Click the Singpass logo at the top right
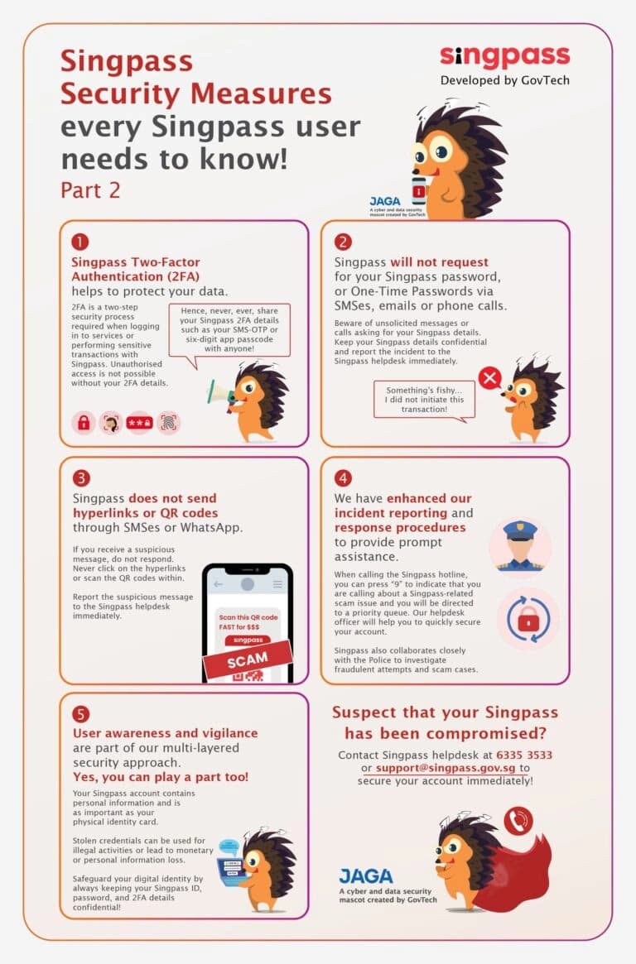(504, 56)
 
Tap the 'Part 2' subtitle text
(90, 189)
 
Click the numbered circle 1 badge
(79, 242)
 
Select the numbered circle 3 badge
(81, 478)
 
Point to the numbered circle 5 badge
(81, 714)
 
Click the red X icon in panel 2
(490, 379)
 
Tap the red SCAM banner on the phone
(248, 659)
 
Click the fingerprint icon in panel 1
(168, 422)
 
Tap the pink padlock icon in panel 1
(84, 422)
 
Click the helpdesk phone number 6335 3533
(524, 755)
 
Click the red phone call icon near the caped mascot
(518, 821)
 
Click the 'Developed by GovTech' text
(504, 80)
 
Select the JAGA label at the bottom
(366, 875)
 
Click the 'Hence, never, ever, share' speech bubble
(234, 328)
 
